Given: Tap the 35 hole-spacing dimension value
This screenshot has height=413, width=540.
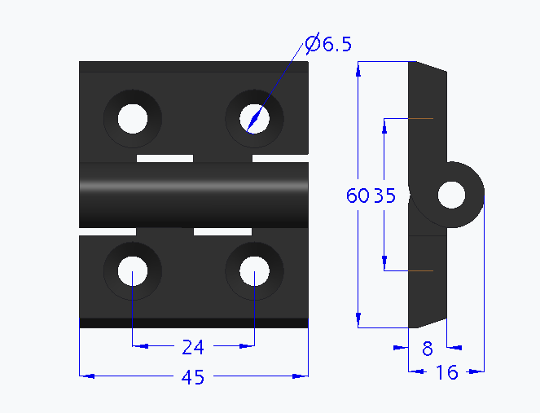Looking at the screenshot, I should click(x=384, y=196).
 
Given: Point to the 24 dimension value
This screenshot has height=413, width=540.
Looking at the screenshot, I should click(x=192, y=348).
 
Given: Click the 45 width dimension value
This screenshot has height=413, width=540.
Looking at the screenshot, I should click(x=192, y=377).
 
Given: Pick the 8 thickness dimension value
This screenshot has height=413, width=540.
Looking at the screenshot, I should click(x=427, y=349).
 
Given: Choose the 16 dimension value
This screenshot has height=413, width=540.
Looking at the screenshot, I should click(x=447, y=373).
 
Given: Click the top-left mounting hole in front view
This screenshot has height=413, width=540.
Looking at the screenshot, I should click(x=132, y=118).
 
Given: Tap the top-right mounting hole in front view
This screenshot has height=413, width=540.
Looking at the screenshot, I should click(x=254, y=118).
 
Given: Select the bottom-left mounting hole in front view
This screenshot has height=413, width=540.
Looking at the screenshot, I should click(x=132, y=270).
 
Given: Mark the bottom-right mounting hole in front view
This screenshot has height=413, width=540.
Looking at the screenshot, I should click(x=254, y=270).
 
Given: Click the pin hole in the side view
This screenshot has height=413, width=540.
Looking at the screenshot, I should click(x=451, y=196).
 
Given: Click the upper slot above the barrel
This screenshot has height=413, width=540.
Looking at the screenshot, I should click(x=165, y=156).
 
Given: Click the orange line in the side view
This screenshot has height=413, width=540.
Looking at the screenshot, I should click(x=421, y=270).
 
